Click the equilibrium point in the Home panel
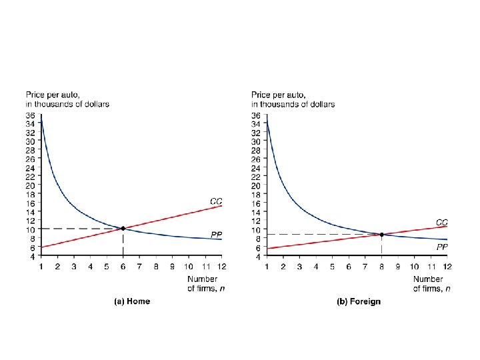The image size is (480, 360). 123,229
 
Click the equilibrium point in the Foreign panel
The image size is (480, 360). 381,235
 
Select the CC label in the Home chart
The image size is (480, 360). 216,201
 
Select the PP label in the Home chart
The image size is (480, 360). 216,235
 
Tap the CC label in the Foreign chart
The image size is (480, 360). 442,221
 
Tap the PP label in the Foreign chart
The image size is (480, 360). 442,247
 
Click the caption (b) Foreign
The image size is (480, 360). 359,301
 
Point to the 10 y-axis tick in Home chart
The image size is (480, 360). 31,229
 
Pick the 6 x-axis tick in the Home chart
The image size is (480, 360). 123,267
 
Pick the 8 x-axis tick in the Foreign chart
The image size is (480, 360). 381,267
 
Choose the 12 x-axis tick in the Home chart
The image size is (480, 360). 221,267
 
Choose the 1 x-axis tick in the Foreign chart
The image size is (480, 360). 267,267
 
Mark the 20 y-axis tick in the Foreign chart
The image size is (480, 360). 256,185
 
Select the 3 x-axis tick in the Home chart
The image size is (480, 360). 73,267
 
